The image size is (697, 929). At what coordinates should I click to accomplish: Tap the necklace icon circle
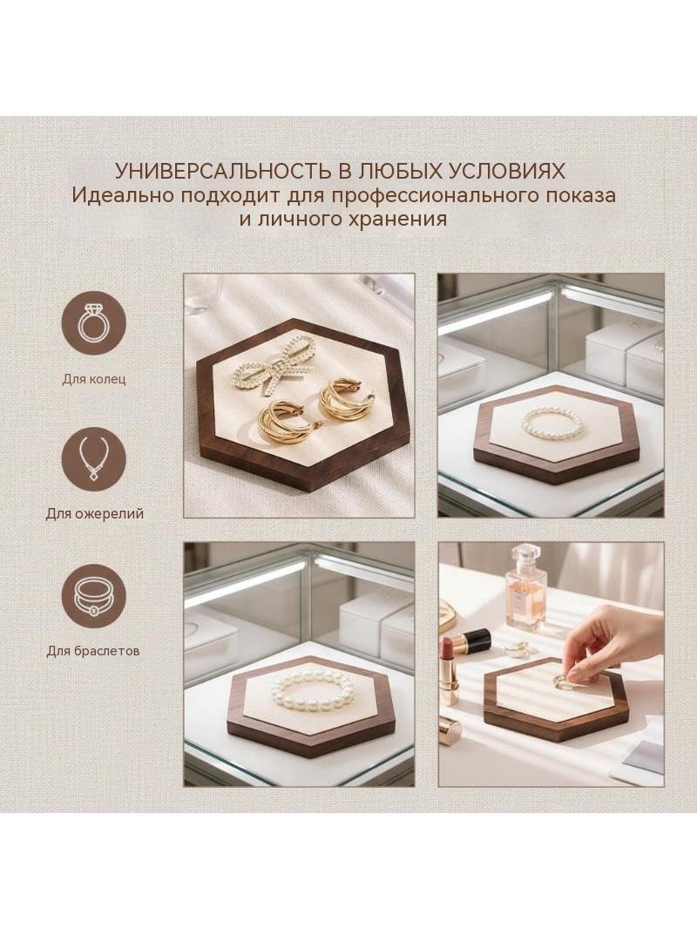pos(94,460)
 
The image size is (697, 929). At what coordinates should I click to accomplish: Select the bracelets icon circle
pos(94,596)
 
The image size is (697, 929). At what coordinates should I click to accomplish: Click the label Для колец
pos(94,378)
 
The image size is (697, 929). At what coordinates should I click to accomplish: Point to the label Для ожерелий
pos(95,513)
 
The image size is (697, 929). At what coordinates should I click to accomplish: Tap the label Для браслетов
pos(93,650)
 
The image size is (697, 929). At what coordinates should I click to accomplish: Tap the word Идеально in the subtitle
pos(121,195)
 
